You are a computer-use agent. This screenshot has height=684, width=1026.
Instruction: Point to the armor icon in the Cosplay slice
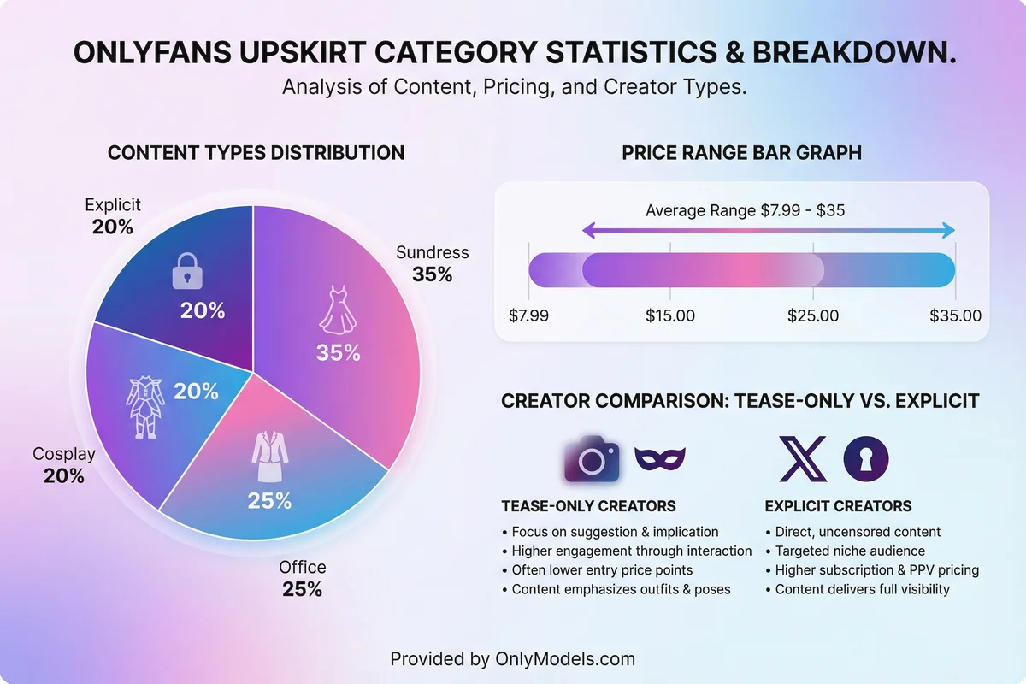point(142,408)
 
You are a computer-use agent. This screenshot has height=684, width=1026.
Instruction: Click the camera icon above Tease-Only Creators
point(591,459)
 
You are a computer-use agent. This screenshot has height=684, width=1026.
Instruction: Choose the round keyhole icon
point(865,459)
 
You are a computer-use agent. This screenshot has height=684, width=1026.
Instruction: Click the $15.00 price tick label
point(670,315)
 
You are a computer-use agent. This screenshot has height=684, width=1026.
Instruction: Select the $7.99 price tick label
point(528,315)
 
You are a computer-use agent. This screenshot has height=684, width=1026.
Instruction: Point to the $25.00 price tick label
point(813,315)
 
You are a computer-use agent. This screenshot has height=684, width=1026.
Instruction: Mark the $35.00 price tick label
point(956,315)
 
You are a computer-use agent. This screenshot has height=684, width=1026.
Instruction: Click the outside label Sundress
point(432,253)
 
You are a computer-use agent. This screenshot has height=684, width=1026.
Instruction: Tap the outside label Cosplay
point(64,454)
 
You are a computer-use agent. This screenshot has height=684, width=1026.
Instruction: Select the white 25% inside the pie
point(270,501)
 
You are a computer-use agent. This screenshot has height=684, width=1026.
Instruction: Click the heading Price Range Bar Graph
point(741,153)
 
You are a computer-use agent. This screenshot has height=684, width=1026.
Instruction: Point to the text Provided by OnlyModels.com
point(513,658)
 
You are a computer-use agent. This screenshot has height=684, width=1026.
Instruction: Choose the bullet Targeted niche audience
point(850,551)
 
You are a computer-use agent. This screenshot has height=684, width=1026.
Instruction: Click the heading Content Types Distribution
point(256,153)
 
